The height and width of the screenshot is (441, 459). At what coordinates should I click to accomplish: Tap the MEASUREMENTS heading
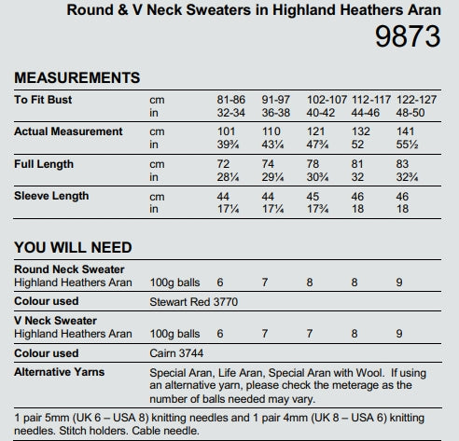(77, 77)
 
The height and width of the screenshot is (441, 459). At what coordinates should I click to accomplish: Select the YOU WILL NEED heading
(73, 247)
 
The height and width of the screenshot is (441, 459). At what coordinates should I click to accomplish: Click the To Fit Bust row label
(43, 99)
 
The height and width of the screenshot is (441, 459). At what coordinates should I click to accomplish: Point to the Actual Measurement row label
(68, 131)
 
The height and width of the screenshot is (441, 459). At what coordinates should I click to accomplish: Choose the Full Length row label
(45, 164)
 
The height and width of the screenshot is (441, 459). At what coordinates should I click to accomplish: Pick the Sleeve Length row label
(51, 196)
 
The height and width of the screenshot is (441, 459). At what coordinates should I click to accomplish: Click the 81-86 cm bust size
(230, 99)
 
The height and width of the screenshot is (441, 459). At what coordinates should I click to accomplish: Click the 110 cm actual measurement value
(271, 131)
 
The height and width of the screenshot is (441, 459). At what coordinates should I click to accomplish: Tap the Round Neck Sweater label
(69, 269)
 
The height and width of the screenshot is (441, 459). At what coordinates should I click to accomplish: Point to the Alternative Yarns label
(59, 371)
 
